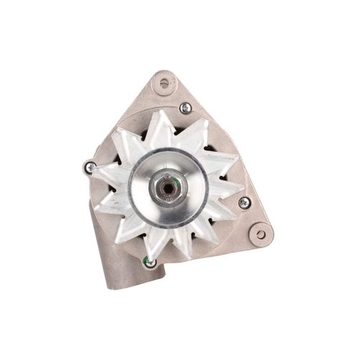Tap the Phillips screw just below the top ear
(185, 108)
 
